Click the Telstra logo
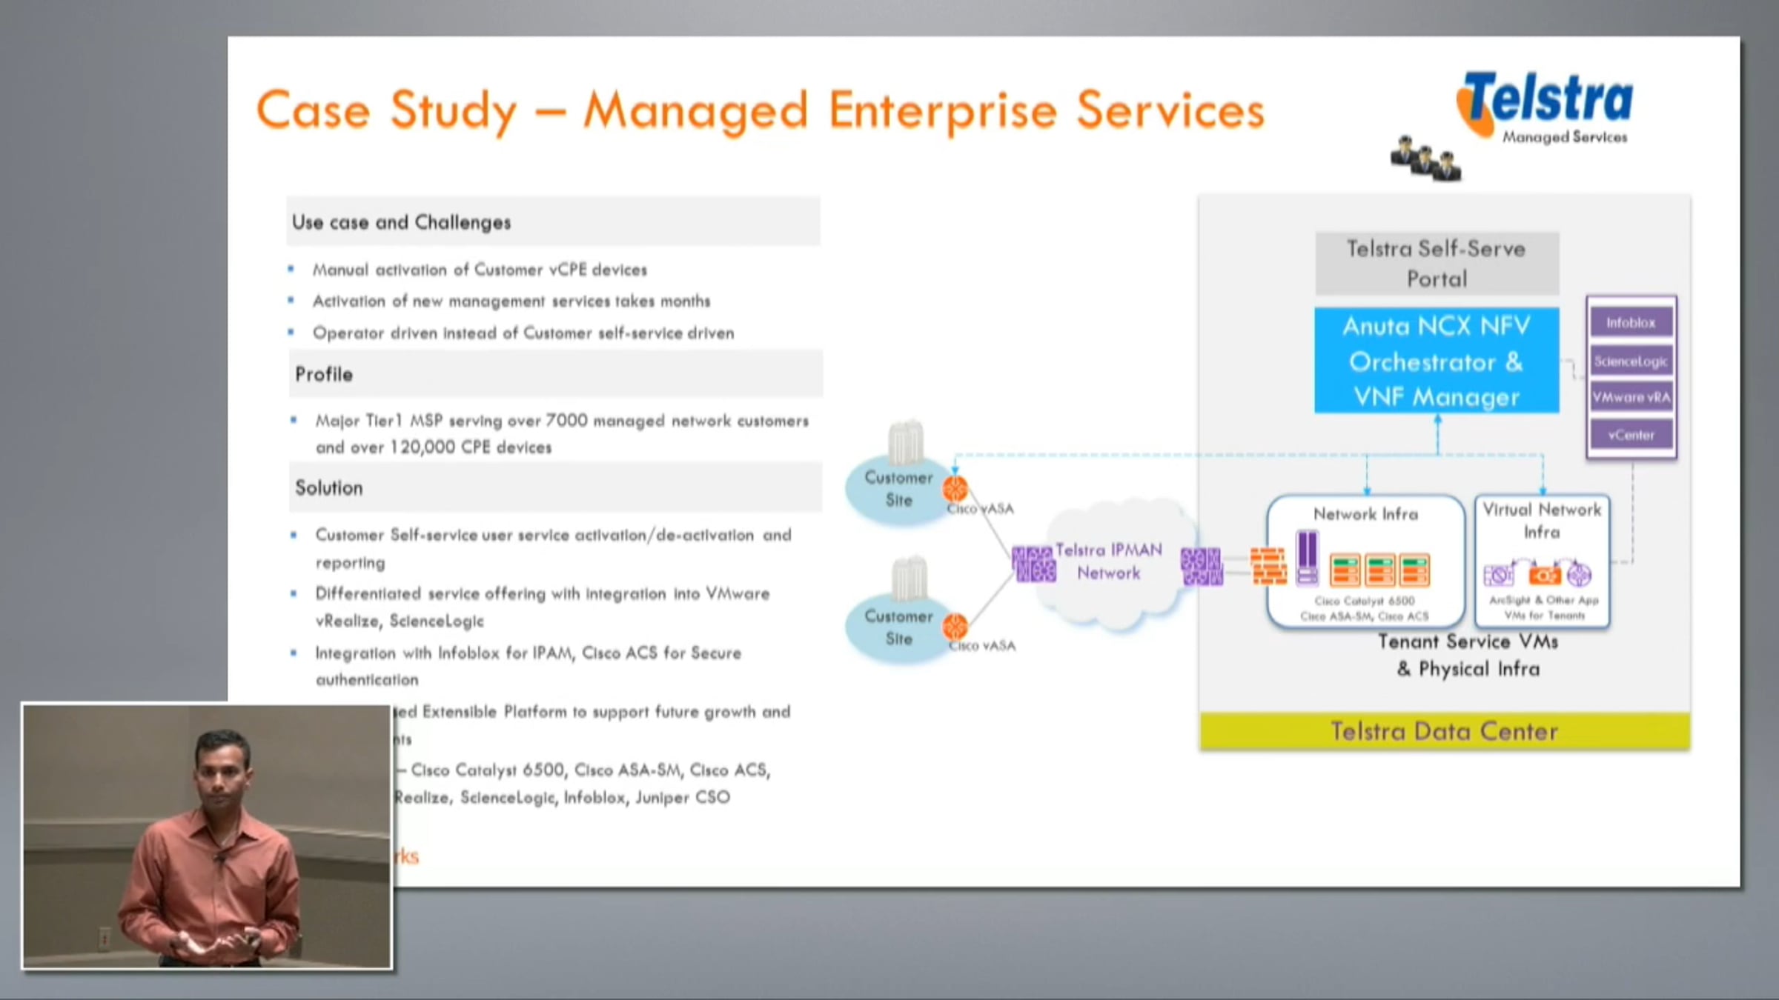point(1549,104)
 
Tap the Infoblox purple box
point(1631,323)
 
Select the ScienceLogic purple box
point(1631,361)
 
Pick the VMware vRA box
point(1631,398)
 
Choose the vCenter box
point(1631,435)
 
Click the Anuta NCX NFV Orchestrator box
point(1437,361)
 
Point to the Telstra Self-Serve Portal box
point(1437,264)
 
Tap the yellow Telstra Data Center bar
point(1444,731)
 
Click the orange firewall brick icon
point(1268,567)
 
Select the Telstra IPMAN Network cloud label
point(1108,561)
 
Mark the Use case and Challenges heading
point(401,222)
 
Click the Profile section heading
point(324,374)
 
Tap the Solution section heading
point(329,488)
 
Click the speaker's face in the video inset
point(221,770)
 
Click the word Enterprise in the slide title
point(942,111)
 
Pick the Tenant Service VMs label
point(1468,641)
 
